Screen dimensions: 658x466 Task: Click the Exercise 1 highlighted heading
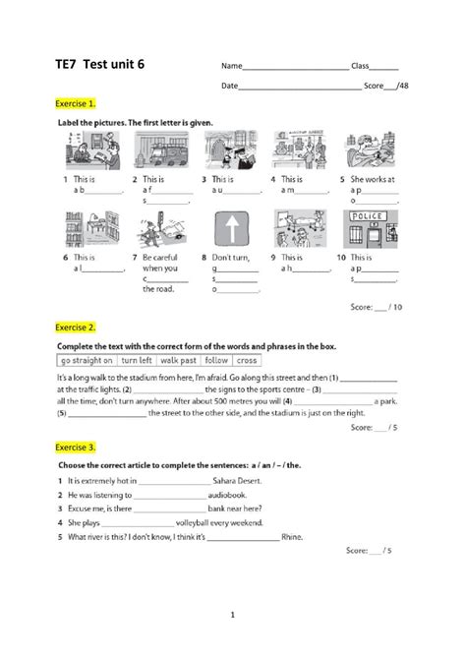78,103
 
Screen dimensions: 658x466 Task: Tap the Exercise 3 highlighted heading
78,447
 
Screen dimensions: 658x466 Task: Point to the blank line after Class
383,68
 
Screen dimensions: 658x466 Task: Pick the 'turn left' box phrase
140,359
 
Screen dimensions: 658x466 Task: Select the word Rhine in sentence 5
294,538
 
